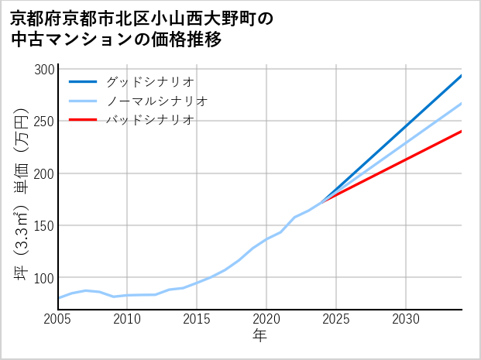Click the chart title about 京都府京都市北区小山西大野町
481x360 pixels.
(x=143, y=29)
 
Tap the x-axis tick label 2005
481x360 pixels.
(x=58, y=319)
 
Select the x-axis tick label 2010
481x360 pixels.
(x=128, y=319)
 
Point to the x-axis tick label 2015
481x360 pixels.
(x=198, y=319)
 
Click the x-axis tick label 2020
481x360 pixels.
(x=266, y=319)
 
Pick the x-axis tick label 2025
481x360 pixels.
(x=336, y=319)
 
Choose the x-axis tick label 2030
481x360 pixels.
(x=406, y=319)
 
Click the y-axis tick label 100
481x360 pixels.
(x=44, y=278)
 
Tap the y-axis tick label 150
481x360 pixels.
(x=44, y=226)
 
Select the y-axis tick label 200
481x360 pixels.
(x=44, y=173)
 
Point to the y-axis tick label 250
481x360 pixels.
(x=44, y=122)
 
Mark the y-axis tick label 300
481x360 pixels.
(x=44, y=70)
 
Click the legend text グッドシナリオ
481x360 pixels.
(x=149, y=81)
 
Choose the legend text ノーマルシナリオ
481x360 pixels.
(x=156, y=101)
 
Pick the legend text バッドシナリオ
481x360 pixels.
(x=149, y=120)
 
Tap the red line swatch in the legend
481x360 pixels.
(x=83, y=120)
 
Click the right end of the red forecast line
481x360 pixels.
(x=461, y=132)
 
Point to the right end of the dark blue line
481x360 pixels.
(x=461, y=76)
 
